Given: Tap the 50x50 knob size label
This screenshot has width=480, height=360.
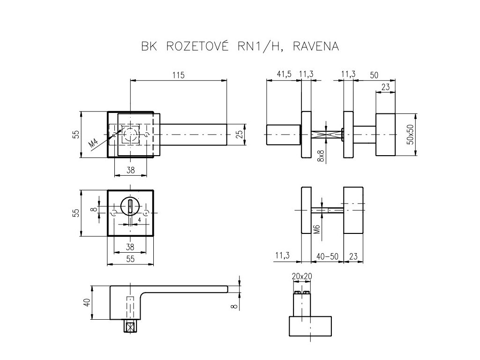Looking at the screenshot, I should (x=411, y=134).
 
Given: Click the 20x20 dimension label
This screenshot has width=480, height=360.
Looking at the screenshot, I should (x=301, y=276).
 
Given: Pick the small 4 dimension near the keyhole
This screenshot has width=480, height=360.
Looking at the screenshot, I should (x=140, y=219).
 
